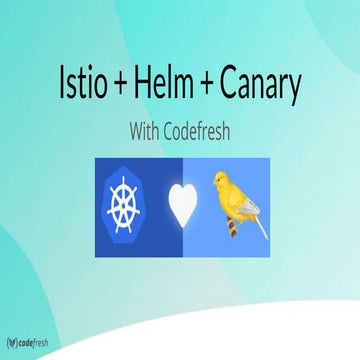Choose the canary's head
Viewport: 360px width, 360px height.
221,181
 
